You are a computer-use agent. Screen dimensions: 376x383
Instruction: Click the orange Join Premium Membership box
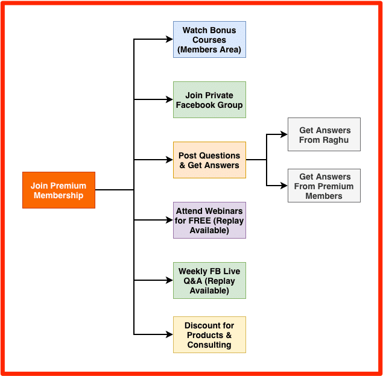pos(59,190)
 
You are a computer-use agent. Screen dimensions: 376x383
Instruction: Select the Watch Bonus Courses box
pos(209,40)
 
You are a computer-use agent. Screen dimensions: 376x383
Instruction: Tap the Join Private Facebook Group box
pos(209,100)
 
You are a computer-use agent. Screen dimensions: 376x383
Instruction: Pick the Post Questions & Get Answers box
pos(209,160)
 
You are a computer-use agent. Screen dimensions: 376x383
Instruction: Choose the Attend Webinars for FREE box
pos(209,221)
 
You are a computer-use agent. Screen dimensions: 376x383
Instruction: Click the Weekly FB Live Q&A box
pos(209,281)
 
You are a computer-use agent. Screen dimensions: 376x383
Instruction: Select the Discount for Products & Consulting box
pos(209,335)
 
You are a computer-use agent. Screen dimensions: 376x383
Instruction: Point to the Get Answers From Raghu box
pos(324,134)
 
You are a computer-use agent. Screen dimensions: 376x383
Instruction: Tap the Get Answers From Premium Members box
pos(324,186)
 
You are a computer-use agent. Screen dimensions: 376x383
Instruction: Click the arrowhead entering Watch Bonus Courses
pos(170,40)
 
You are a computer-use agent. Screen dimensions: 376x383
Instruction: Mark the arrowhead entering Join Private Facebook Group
pos(170,99)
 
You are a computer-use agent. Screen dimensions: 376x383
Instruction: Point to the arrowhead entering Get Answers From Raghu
pos(285,135)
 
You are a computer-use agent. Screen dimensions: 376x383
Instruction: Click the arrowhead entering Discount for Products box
pos(170,334)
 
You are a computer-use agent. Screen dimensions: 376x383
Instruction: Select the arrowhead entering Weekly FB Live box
pos(170,280)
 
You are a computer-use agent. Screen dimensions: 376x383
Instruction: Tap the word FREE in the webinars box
pos(198,221)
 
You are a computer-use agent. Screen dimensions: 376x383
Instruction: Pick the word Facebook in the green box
pos(197,105)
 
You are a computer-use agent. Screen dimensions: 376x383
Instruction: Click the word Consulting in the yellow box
pos(209,345)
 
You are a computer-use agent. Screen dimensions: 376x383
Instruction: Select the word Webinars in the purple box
pos(223,211)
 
